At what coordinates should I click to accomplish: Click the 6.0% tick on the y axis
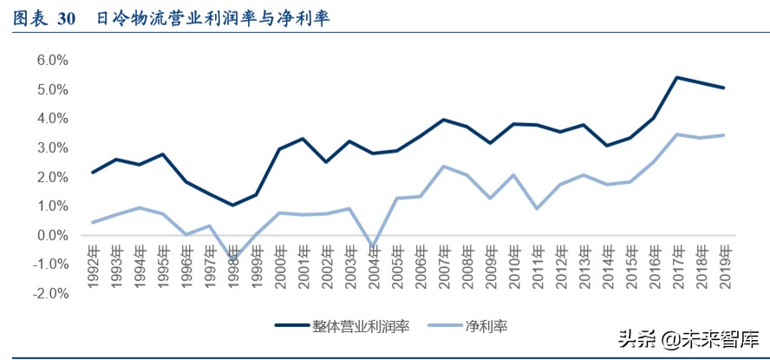click(51, 60)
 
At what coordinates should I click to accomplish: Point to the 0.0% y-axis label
click(51, 235)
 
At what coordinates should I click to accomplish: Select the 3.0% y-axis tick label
click(51, 147)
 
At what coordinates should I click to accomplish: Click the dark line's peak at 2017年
click(676, 77)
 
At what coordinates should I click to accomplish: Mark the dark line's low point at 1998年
click(232, 206)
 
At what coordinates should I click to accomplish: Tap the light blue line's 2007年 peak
click(443, 167)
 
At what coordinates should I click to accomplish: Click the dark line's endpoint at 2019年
click(723, 88)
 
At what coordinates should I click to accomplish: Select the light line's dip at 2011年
click(536, 208)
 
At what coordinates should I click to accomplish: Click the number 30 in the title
click(67, 16)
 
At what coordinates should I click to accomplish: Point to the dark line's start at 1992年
click(93, 172)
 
